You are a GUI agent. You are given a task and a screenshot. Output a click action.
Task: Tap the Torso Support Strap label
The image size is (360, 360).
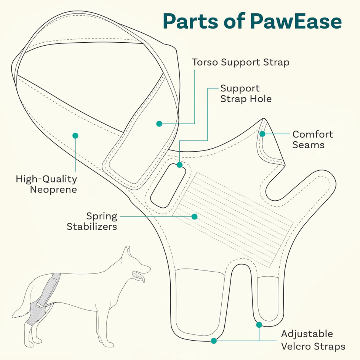(240, 62)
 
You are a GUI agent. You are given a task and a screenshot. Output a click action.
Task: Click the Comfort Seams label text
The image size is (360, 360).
(312, 139)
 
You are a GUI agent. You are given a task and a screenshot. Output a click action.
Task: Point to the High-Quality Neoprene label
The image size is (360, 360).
(46, 184)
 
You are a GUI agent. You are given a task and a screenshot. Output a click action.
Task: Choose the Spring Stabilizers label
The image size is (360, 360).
(92, 221)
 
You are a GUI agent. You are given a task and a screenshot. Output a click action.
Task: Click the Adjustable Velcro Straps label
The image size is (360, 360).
(313, 340)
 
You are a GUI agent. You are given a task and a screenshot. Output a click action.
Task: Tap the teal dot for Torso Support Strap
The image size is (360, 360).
(159, 123)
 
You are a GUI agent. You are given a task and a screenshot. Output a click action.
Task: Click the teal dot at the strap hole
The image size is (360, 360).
(179, 165)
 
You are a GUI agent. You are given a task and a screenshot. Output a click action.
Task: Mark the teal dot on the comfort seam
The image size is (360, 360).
(262, 134)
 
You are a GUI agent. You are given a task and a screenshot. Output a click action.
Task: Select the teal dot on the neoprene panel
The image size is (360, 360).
(75, 135)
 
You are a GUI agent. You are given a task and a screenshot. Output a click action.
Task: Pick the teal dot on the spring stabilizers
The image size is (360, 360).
(194, 216)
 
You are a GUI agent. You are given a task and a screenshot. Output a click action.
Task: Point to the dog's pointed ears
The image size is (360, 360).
(127, 251)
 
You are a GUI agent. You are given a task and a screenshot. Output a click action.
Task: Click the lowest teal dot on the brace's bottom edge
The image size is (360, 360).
(214, 340)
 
